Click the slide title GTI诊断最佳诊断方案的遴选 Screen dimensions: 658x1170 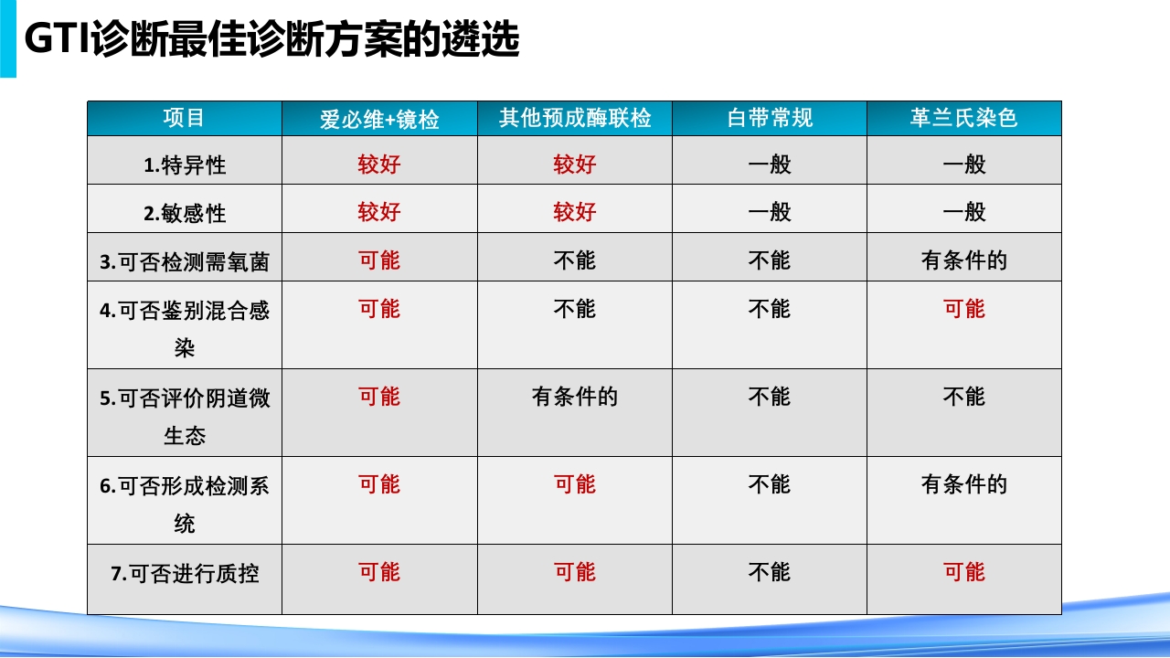(271, 40)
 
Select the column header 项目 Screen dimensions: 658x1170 (185, 118)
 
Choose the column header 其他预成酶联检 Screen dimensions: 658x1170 (575, 118)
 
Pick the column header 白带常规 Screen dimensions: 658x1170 (770, 118)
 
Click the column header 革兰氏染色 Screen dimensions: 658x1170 (964, 118)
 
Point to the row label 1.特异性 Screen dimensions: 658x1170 (185, 165)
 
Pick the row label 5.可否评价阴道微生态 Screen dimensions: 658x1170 (185, 417)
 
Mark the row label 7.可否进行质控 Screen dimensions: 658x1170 (185, 573)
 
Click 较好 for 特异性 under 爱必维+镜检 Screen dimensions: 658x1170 (379, 164)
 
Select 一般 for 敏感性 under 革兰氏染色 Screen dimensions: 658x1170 (964, 212)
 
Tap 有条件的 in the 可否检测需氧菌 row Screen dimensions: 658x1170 (964, 260)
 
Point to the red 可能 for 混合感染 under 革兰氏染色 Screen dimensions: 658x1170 (964, 309)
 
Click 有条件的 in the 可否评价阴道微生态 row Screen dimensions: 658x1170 (575, 397)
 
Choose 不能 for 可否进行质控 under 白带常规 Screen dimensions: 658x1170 (770, 572)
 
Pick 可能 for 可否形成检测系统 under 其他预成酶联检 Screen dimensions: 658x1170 (575, 484)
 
